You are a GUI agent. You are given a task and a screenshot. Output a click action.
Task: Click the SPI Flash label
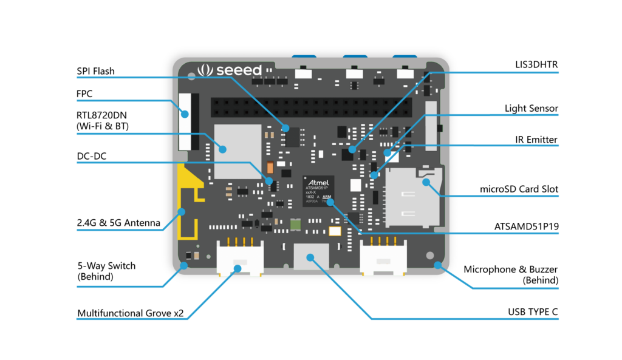[x=95, y=71]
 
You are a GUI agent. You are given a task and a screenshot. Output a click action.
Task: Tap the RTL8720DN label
[x=106, y=121]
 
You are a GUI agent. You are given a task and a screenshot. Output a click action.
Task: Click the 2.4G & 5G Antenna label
[x=118, y=223]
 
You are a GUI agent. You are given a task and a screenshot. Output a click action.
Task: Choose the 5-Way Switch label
[x=106, y=271]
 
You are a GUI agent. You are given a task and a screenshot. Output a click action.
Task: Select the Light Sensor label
[x=531, y=109]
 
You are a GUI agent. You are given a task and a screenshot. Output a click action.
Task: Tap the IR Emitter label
[x=535, y=140]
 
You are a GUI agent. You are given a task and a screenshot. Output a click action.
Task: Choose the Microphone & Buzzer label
[x=510, y=274]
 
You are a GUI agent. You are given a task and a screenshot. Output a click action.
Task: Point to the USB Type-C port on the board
[x=310, y=256]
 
